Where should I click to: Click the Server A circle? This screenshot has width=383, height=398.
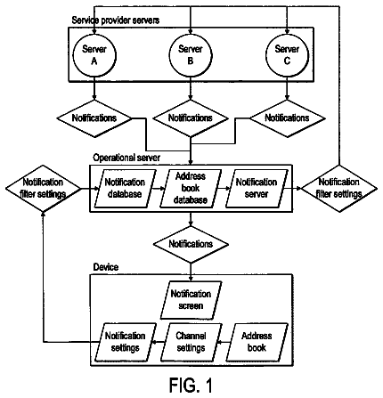click(x=94, y=55)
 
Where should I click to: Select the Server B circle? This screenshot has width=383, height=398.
click(x=191, y=55)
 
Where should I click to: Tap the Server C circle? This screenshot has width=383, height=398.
click(x=287, y=55)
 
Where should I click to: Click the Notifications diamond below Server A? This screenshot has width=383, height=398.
click(x=94, y=118)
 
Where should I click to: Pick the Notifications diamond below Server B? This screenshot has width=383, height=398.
click(x=191, y=118)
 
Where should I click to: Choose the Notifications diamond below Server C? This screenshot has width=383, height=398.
click(x=287, y=118)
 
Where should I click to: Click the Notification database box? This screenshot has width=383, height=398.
click(x=125, y=189)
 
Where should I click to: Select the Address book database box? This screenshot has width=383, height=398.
click(x=191, y=189)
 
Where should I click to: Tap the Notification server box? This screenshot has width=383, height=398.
click(x=257, y=189)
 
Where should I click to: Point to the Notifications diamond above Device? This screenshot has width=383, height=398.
click(x=191, y=244)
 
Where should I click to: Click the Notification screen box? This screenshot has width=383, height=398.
click(x=191, y=300)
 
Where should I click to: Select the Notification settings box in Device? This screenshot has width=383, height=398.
click(x=125, y=342)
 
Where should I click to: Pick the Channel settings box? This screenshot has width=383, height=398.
click(x=191, y=342)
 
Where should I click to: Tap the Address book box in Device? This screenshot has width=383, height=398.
click(x=257, y=342)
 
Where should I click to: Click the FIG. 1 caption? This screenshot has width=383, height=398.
click(x=191, y=386)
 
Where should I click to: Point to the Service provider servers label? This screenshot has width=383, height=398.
click(x=116, y=20)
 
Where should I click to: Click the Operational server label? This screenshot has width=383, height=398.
click(x=126, y=158)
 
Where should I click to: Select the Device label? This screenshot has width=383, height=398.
click(x=106, y=267)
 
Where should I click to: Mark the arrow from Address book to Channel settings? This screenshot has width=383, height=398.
click(x=224, y=342)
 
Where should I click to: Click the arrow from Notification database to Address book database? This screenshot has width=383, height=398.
click(x=158, y=188)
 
